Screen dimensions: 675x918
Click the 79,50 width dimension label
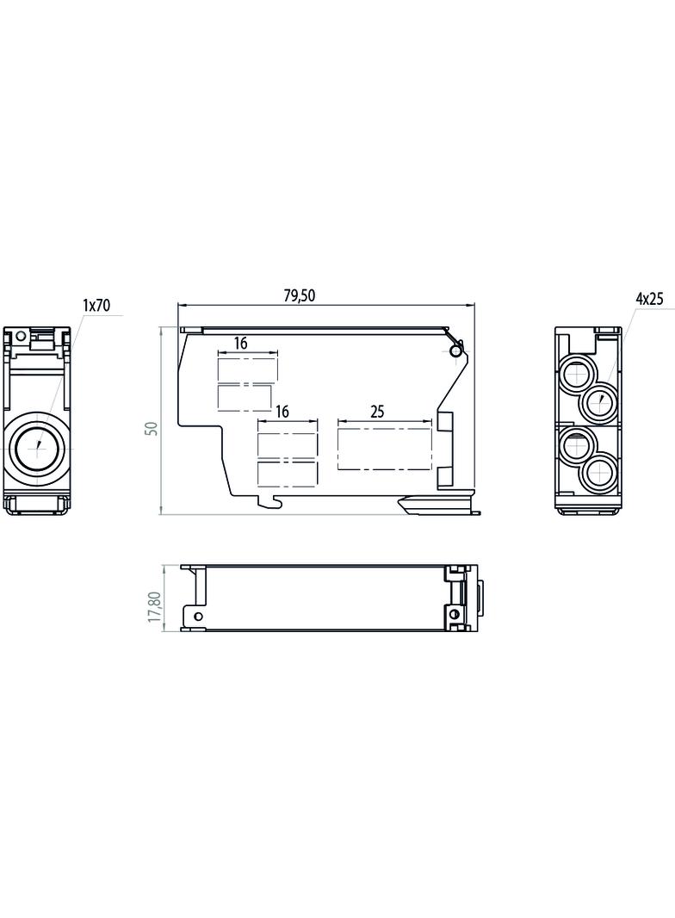[x=299, y=295]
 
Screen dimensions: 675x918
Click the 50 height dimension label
[x=152, y=428]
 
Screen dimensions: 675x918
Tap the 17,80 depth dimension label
[x=154, y=606]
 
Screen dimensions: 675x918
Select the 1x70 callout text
[x=96, y=305]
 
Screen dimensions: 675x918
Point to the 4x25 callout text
[x=649, y=299]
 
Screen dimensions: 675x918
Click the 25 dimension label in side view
[x=378, y=412]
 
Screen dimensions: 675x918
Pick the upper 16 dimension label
[x=240, y=343]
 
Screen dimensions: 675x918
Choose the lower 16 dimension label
[x=282, y=412]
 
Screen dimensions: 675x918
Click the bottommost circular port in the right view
[x=600, y=472]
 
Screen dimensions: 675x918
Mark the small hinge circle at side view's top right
[x=455, y=350]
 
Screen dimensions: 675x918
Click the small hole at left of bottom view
[x=198, y=616]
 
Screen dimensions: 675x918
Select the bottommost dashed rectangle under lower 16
[x=288, y=474]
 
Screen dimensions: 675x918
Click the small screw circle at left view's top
[x=21, y=336]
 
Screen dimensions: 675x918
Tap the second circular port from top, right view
[x=600, y=400]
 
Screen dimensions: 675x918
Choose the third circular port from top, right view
[x=577, y=446]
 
